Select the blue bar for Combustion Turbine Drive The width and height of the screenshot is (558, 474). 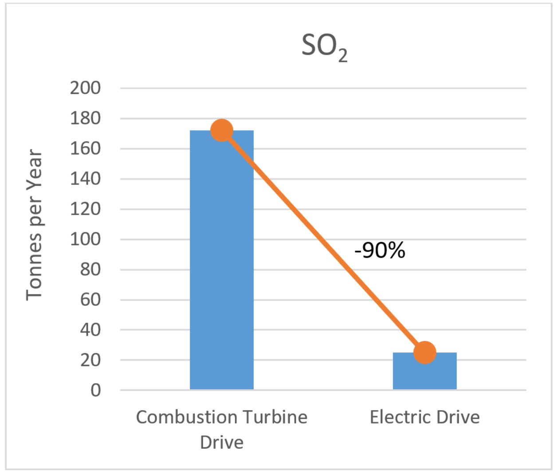coord(221,266)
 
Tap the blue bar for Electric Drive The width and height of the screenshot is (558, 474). coord(424,372)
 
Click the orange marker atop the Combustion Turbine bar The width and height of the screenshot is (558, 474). coord(221,130)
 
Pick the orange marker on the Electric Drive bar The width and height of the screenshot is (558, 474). coord(424,353)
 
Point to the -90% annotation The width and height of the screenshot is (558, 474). coord(380,251)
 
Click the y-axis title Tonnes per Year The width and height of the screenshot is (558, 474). coord(34,225)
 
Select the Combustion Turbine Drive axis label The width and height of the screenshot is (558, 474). coord(221,429)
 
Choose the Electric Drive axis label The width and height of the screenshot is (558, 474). coord(424,417)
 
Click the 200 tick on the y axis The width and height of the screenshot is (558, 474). coord(85,88)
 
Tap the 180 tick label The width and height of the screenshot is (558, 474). coord(85,118)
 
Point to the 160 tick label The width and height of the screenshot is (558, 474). coord(85,149)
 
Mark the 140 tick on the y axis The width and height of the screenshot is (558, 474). coord(85,179)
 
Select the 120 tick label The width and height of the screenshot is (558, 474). coord(85,209)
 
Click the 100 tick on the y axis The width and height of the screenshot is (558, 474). coord(85,239)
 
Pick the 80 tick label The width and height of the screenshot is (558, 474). coord(90,270)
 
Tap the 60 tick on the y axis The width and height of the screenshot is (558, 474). coord(90,300)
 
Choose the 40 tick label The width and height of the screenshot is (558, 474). coord(90,330)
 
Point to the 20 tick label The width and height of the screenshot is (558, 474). coord(90,360)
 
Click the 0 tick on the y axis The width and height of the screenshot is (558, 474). coord(95,390)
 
